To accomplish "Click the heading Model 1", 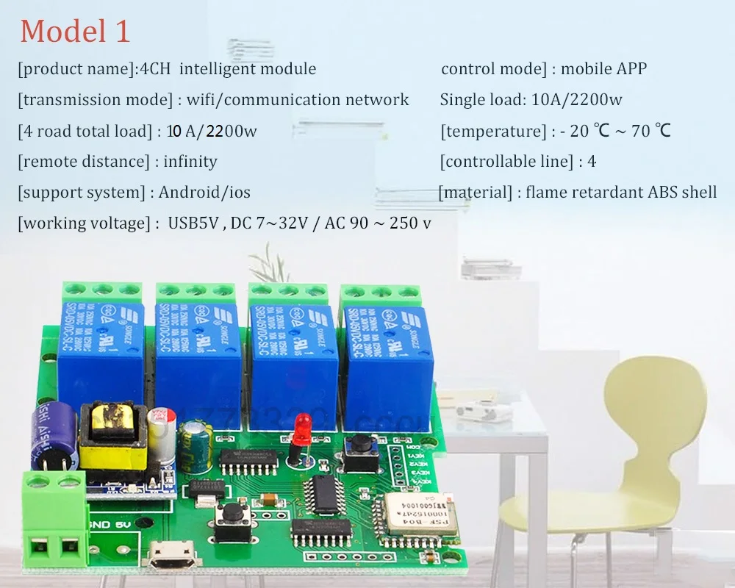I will tap(75, 31).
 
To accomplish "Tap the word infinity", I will tap(190, 161).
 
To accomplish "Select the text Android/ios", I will tap(204, 192).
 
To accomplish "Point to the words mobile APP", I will tap(603, 69).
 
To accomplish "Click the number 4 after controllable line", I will tap(592, 161).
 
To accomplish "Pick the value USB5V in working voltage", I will tap(195, 223).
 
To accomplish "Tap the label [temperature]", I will tap(492, 131).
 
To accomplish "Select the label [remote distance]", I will tap(83, 161).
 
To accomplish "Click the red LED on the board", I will tap(299, 429).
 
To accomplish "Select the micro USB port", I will tap(171, 556).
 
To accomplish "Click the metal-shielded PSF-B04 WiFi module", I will tap(421, 514).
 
